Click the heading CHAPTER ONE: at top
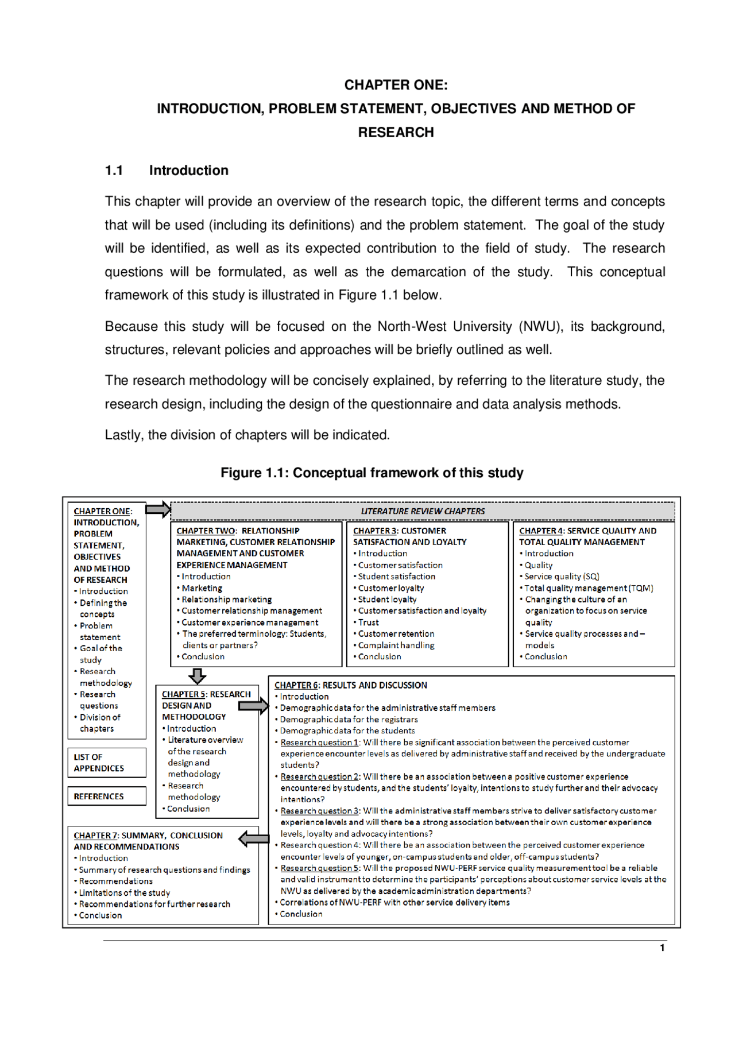(396, 85)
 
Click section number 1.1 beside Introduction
(114, 171)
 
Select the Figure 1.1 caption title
(372, 473)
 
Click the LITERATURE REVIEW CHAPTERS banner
(423, 511)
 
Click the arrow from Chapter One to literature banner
(158, 509)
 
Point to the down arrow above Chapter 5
(197, 676)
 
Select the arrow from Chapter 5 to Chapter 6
(253, 706)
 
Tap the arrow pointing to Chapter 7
(254, 839)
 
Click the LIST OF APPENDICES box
(107, 763)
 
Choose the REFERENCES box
(107, 797)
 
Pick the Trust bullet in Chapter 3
(368, 623)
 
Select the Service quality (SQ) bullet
(562, 577)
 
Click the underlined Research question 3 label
(320, 811)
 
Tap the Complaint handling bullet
(396, 645)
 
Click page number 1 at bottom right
(662, 948)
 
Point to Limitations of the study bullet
(124, 893)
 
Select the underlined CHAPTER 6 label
(296, 685)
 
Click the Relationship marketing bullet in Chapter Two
(226, 600)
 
